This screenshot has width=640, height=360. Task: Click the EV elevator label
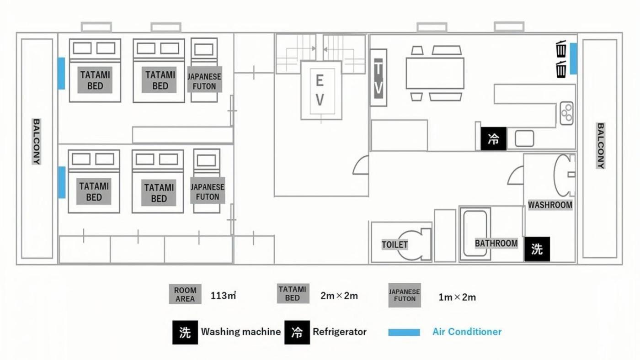point(320,90)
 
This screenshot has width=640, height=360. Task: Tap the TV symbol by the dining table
point(379,78)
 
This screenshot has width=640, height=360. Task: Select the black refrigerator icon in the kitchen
point(493,139)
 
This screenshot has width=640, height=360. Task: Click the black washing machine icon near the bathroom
point(537,249)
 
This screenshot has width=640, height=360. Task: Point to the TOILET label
point(395,245)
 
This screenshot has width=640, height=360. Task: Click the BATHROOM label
point(496,244)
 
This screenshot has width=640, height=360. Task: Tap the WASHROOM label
point(550,205)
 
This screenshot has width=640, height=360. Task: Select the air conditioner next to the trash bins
point(573,58)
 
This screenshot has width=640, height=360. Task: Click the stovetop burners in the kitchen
point(566,113)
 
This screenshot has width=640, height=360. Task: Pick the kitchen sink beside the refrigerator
point(524,138)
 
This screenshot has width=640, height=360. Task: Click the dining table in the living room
point(435,73)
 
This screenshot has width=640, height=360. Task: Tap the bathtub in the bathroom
point(475,233)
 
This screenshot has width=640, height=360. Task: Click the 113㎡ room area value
point(223,296)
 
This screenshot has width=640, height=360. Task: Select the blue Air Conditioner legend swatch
point(404,333)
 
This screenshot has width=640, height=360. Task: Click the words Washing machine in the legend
point(241,332)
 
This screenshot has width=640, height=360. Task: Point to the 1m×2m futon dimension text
point(457,297)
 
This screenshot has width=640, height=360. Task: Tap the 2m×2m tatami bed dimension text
point(339,296)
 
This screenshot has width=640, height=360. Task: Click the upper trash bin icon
point(561,48)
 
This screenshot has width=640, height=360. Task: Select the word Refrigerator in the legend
point(340,332)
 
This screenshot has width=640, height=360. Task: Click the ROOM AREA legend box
point(185,294)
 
